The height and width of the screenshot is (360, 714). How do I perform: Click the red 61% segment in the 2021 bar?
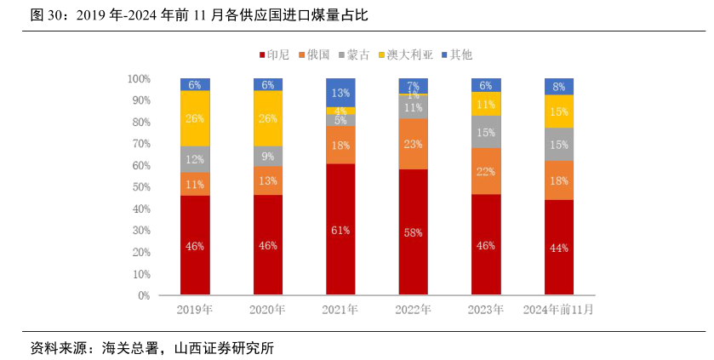coord(340,230)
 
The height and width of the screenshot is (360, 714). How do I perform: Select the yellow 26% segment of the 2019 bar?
coord(195,118)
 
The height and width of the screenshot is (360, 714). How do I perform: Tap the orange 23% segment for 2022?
coord(414,144)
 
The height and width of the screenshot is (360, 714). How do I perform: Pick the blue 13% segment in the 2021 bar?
coord(340,93)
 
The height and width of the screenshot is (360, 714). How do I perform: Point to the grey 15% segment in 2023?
coord(486,132)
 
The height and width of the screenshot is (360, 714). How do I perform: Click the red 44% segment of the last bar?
coord(559,248)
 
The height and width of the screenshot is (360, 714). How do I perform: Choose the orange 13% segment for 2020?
coord(268,180)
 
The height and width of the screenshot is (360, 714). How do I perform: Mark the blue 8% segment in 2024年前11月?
coord(559,87)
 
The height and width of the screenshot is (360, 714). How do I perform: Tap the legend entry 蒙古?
coord(352,54)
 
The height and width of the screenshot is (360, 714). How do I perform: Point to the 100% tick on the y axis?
coord(139,78)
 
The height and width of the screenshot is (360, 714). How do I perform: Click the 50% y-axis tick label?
coord(140,187)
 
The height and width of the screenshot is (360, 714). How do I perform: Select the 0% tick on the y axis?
coord(144,295)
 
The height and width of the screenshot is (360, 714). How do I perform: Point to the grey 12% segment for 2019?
coord(195,159)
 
